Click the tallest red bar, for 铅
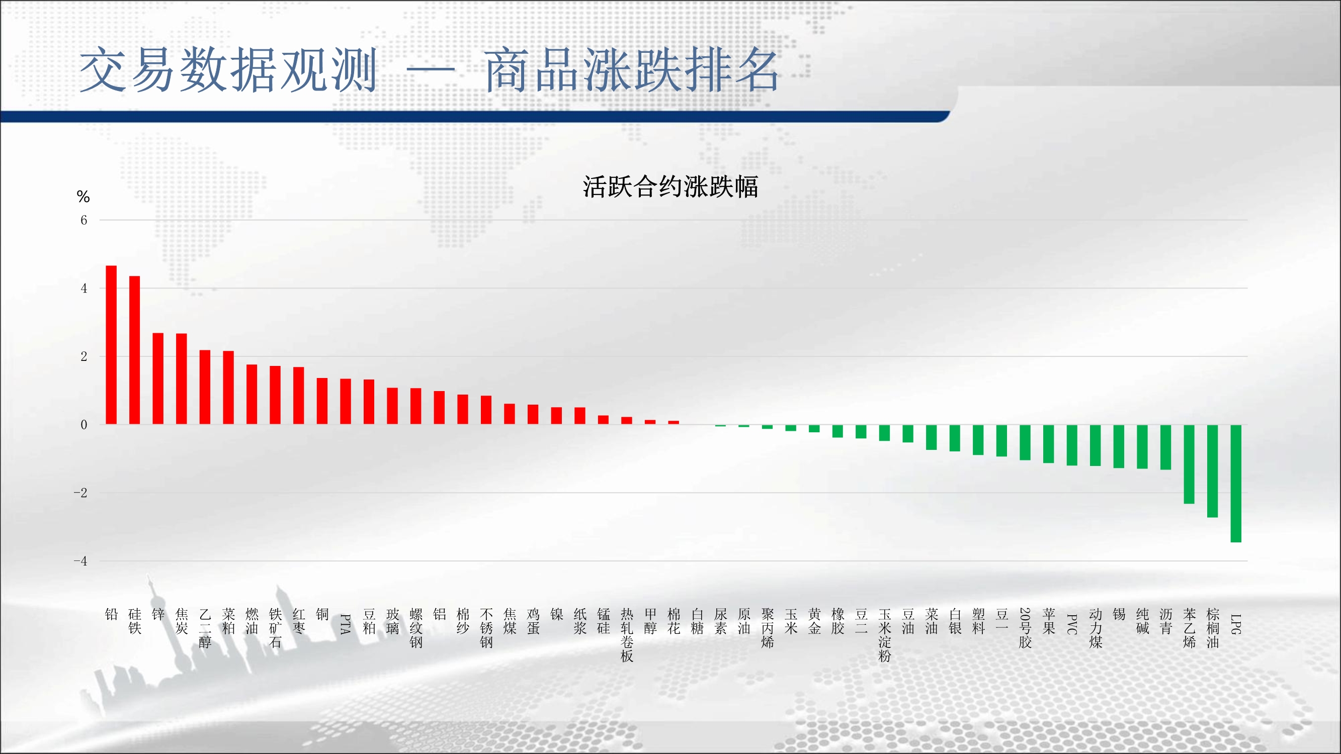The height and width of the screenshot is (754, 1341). point(111,344)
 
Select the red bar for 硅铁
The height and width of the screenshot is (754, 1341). point(134,350)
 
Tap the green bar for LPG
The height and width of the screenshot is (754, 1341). point(1236,484)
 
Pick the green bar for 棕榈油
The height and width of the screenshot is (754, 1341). point(1212,471)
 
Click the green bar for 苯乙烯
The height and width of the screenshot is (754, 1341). point(1189,464)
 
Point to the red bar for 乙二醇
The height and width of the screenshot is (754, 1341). point(205,387)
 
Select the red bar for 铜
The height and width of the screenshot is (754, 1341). point(322,401)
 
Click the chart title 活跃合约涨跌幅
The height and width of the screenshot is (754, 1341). point(670,187)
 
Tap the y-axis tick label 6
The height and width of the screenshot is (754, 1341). point(84,220)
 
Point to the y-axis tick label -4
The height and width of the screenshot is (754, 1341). point(80,561)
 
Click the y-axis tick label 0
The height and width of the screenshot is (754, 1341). point(84,425)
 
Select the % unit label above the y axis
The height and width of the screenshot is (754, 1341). point(83,197)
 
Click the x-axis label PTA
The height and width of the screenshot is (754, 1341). point(345,624)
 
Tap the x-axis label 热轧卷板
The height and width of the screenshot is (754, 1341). point(627,635)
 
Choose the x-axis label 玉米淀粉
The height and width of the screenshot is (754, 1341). point(884,635)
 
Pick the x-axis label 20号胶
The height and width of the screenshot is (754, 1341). point(1025,628)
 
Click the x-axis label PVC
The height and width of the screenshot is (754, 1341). point(1072,624)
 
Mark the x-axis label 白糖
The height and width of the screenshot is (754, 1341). point(697,621)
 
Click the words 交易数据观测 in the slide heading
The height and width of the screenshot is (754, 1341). point(228,70)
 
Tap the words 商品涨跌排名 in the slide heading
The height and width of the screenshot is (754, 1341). point(631,70)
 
